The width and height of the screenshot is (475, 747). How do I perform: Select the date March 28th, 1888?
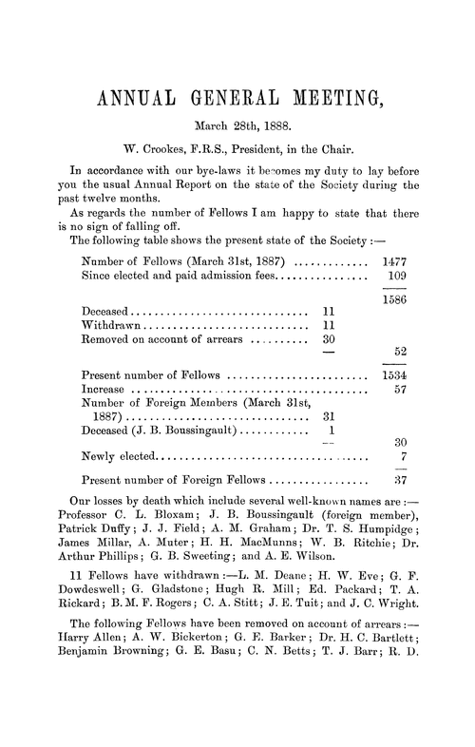[237, 124]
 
